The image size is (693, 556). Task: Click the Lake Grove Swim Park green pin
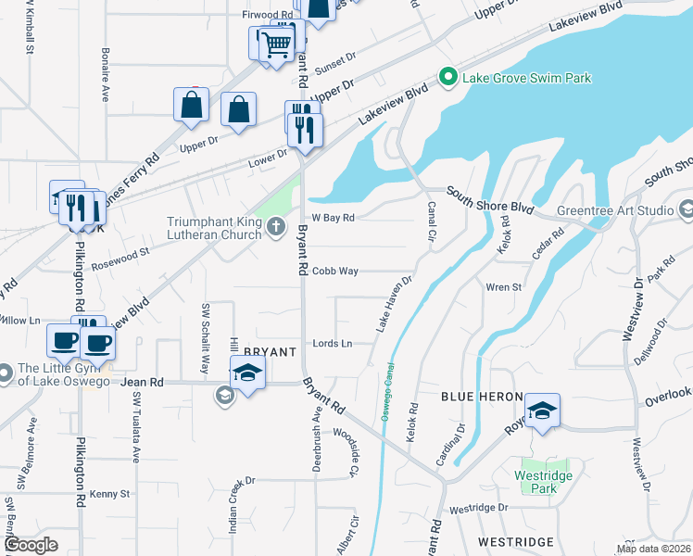tap(449, 78)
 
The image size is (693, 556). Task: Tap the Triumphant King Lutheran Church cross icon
tap(276, 227)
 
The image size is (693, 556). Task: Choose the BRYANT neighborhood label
tap(269, 352)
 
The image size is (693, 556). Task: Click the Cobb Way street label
tap(334, 271)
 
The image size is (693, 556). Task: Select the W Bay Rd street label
tap(334, 218)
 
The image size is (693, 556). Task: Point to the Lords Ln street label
tap(334, 344)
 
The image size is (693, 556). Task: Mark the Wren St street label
tap(504, 287)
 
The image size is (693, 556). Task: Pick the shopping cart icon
tap(277, 43)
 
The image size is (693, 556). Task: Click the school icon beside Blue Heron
tap(542, 410)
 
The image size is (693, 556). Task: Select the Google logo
tap(31, 545)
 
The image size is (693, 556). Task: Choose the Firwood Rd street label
tap(267, 16)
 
